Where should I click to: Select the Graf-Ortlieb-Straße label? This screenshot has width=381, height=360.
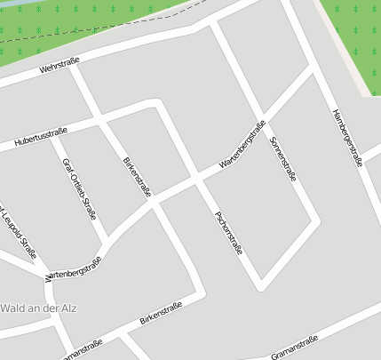[78, 188]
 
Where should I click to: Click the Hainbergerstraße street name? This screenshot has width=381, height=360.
[346, 138]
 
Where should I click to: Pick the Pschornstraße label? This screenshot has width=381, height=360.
[228, 233]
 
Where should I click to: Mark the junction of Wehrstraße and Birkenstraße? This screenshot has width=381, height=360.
[74, 67]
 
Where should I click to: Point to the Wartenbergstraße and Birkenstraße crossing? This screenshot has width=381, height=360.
[154, 204]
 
